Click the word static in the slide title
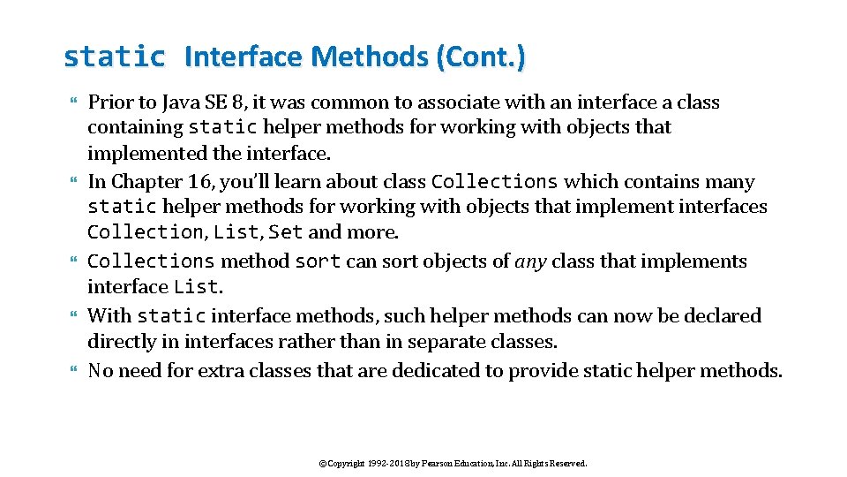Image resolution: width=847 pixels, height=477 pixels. (x=114, y=57)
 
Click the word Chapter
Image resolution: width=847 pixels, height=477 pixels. (x=146, y=182)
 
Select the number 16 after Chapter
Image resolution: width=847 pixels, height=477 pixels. (x=198, y=182)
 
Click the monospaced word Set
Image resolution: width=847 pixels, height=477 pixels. (x=285, y=232)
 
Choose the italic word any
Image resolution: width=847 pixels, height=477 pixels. (x=530, y=261)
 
